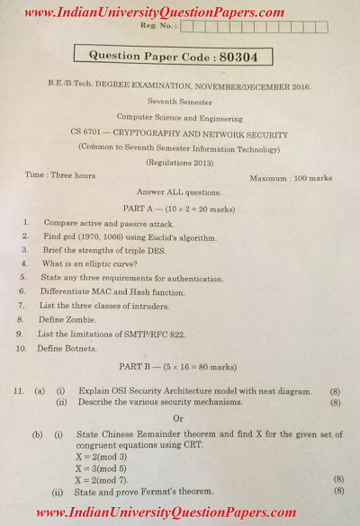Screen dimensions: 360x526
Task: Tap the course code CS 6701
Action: (89, 131)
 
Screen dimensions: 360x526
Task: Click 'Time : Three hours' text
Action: (60, 174)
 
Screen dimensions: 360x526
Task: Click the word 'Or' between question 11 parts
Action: (178, 418)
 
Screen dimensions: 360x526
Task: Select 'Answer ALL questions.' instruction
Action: (178, 192)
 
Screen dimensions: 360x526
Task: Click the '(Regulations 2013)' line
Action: (182, 162)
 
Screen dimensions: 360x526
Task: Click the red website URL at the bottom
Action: (180, 513)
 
